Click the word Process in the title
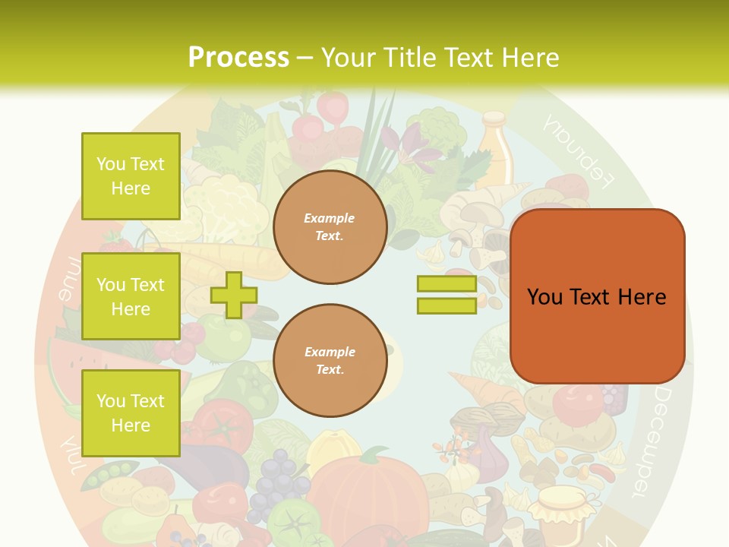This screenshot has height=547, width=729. pos(238,57)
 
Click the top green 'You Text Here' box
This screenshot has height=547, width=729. pos(131,176)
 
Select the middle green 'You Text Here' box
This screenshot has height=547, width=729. pos(131,296)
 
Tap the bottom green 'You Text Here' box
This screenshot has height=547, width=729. pos(131,413)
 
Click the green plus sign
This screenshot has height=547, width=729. pos(234,295)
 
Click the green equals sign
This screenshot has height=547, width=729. pos(447,295)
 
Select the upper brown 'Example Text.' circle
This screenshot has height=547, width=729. pos(330,227)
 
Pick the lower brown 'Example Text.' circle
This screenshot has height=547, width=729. pos(330,360)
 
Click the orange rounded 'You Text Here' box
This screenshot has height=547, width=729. pos(597,296)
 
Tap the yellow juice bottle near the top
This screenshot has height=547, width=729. pos(494,151)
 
